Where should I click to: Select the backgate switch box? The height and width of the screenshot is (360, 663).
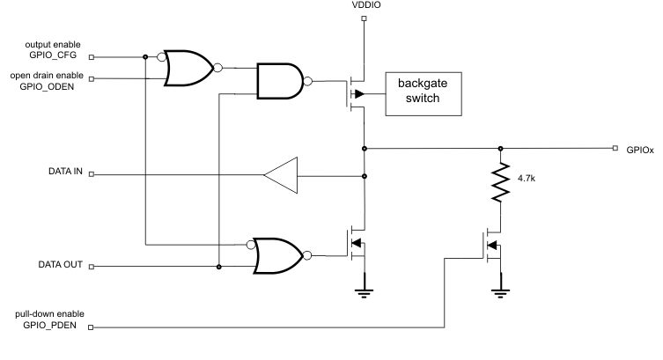pyautogui.click(x=424, y=92)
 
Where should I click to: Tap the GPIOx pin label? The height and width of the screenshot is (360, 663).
pyautogui.click(x=640, y=151)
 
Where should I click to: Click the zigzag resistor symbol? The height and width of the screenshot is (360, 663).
pyautogui.click(x=501, y=181)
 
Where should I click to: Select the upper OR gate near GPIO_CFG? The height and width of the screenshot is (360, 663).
pyautogui.click(x=188, y=68)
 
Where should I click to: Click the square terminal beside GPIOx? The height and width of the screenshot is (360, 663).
pyautogui.click(x=615, y=149)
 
